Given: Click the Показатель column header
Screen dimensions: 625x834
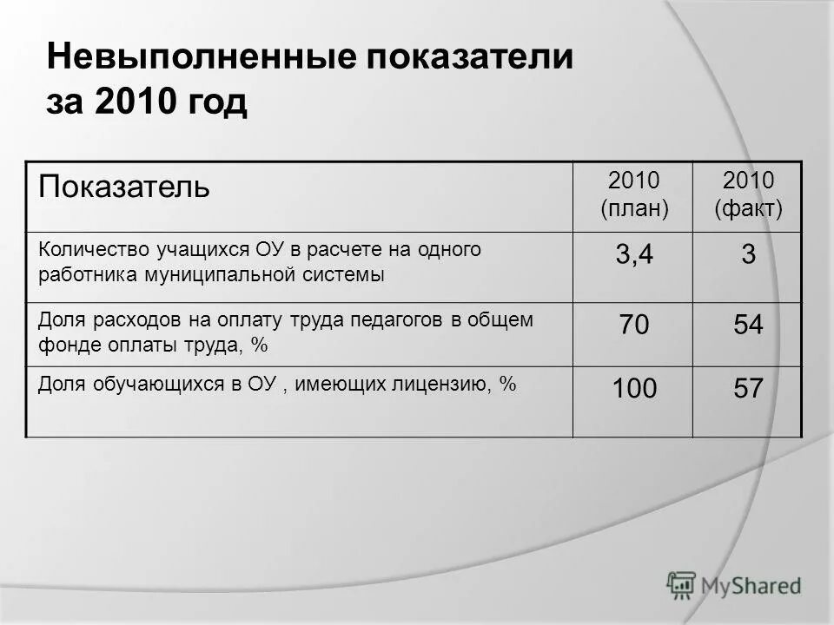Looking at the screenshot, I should coord(123,187).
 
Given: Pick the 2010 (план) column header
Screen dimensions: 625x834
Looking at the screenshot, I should coord(633,194).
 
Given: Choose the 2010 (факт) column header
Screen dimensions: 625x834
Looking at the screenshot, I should coord(747,194).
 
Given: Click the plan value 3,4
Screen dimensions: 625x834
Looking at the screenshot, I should coord(633,257).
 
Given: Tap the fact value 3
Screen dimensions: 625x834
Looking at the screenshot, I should coord(747,257).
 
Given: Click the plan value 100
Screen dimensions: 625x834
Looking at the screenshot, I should coord(633,389).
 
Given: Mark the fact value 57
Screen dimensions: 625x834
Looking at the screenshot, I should coord(747,389).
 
